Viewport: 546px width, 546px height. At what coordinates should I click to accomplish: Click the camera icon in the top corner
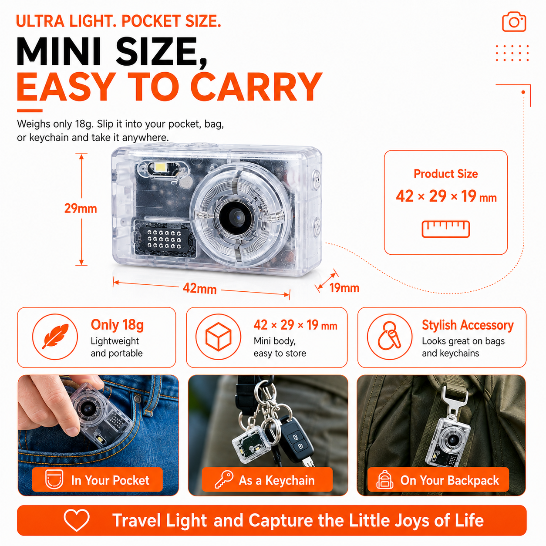tap(514, 21)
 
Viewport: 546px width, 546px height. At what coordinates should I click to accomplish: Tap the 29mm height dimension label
tap(81, 209)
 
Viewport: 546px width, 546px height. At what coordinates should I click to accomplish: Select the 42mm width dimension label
tap(199, 288)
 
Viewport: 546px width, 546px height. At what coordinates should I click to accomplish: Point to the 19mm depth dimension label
tap(344, 288)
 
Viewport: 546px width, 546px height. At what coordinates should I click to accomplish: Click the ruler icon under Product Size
tap(446, 229)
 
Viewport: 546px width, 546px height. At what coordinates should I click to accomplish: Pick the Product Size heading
tap(446, 174)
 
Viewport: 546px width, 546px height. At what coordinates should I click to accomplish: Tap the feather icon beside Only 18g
tap(55, 336)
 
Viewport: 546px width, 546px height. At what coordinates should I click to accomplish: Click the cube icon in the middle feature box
tap(218, 337)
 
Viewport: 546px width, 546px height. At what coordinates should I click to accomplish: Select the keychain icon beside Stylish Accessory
tap(390, 336)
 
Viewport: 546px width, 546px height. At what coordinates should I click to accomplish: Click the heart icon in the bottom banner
tap(77, 520)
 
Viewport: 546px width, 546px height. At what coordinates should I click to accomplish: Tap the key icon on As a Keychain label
tap(223, 479)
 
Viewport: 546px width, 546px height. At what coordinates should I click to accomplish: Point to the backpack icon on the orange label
tap(384, 479)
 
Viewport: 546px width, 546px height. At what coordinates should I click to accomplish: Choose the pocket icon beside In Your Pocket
tap(54, 479)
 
